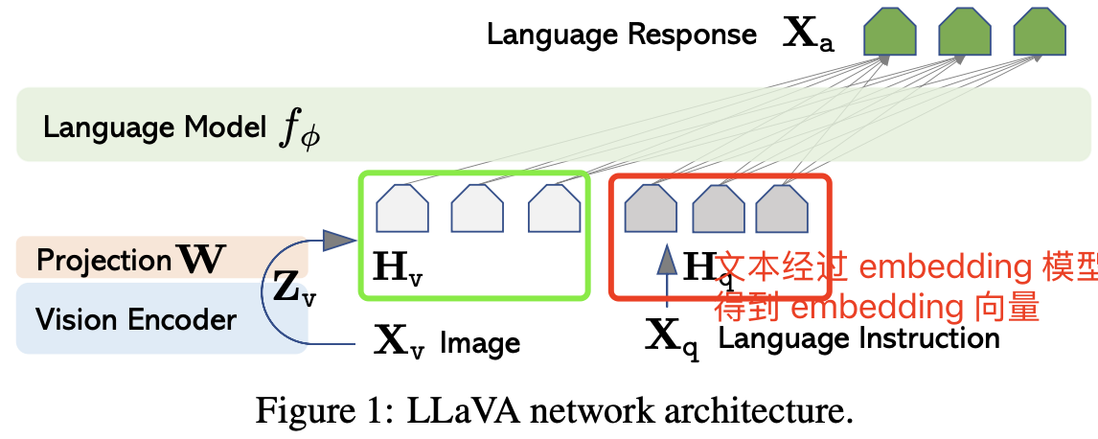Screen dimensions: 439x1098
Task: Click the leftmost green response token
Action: (890, 33)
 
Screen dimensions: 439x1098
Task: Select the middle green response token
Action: (964, 33)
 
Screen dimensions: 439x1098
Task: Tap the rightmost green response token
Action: (1040, 33)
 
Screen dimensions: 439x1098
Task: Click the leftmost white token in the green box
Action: (402, 208)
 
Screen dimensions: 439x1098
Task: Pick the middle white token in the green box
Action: (477, 208)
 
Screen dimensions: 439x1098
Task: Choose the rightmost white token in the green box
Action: (555, 208)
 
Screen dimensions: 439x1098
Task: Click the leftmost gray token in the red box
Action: (651, 208)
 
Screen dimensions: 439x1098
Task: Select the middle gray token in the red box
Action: (719, 208)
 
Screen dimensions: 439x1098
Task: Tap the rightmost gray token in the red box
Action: (782, 208)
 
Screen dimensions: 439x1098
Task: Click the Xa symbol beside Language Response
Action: (809, 35)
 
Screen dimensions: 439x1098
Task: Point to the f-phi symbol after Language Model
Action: (299, 129)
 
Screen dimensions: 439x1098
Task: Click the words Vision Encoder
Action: (135, 319)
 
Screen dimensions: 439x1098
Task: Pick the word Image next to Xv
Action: (480, 342)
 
